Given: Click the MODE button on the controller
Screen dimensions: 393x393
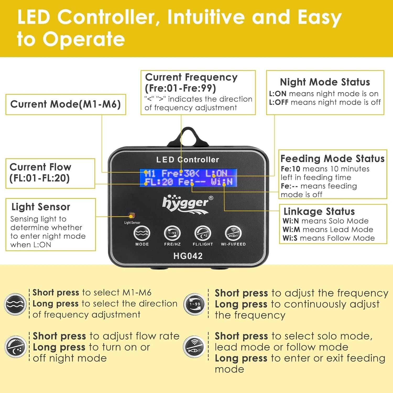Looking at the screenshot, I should [142, 233].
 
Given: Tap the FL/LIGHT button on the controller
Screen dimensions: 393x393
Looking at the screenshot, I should [203, 233].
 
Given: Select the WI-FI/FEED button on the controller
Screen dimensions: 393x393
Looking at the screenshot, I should [233, 233].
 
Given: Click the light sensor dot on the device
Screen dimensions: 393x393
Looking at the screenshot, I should [132, 215].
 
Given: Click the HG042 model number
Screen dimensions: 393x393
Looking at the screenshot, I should [188, 256].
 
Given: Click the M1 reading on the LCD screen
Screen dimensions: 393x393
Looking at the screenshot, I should [150, 173].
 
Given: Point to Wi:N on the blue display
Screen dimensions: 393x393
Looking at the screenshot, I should [222, 182].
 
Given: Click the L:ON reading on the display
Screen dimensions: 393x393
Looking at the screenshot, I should [216, 173].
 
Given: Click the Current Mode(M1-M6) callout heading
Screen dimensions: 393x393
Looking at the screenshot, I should [65, 104].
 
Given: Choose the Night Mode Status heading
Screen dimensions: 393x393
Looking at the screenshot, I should [325, 82].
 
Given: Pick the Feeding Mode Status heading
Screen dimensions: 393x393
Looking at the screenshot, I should [332, 159].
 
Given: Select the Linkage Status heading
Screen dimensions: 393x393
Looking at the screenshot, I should [319, 211].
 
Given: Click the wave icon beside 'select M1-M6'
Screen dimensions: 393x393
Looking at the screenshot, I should [15, 304].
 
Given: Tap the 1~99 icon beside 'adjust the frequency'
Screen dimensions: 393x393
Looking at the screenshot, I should [194, 304].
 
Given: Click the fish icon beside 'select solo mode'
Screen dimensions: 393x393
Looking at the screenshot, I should [194, 347].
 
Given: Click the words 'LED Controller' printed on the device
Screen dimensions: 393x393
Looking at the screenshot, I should [188, 160].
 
